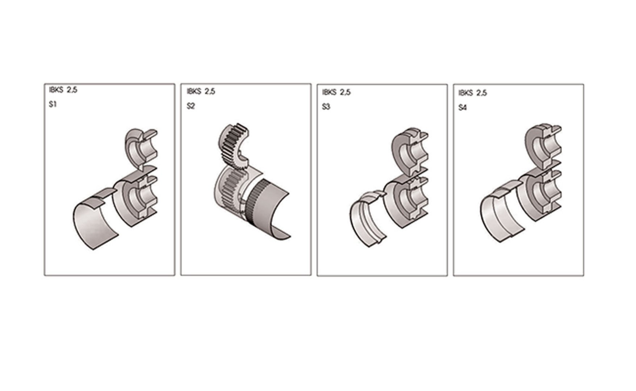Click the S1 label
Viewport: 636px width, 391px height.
(53, 105)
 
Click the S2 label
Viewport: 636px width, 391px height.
(191, 106)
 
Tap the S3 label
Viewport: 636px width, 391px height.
(326, 107)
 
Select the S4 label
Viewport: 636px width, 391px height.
(463, 108)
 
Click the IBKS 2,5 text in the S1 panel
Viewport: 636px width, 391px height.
(63, 90)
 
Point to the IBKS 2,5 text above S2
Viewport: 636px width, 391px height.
(201, 91)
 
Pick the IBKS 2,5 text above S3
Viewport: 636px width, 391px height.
(336, 92)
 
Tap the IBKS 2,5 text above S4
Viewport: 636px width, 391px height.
(473, 93)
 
